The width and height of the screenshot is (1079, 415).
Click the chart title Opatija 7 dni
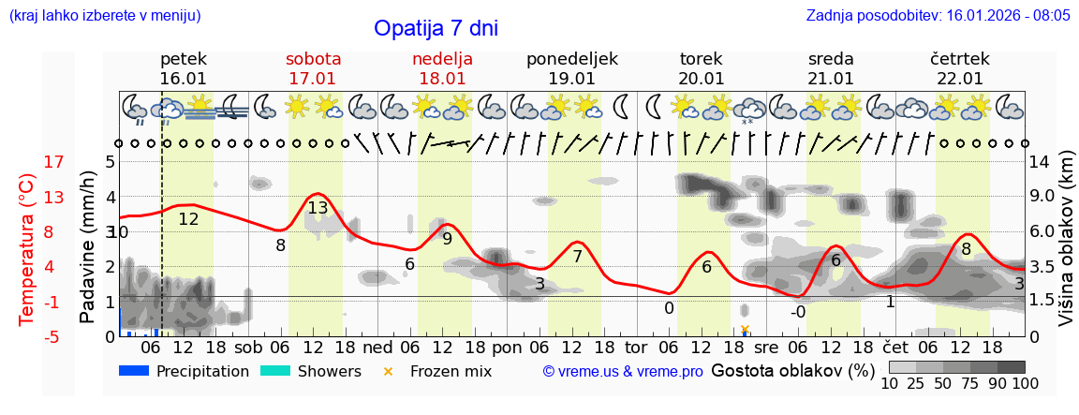click(x=436, y=28)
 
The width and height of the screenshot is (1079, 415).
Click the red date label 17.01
click(x=313, y=79)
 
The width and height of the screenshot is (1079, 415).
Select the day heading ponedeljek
click(x=571, y=59)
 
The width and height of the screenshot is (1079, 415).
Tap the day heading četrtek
click(x=959, y=59)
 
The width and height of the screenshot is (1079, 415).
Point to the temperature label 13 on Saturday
click(x=318, y=208)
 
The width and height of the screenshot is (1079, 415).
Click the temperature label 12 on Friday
click(x=188, y=219)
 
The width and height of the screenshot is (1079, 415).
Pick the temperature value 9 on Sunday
click(x=447, y=239)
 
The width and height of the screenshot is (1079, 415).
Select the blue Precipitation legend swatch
click(x=135, y=371)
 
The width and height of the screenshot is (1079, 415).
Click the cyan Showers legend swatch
click(x=275, y=371)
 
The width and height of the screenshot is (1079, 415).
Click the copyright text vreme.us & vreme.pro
click(x=623, y=372)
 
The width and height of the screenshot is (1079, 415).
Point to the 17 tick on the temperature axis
click(x=28, y=162)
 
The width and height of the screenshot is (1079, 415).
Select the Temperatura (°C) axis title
click(x=27, y=248)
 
